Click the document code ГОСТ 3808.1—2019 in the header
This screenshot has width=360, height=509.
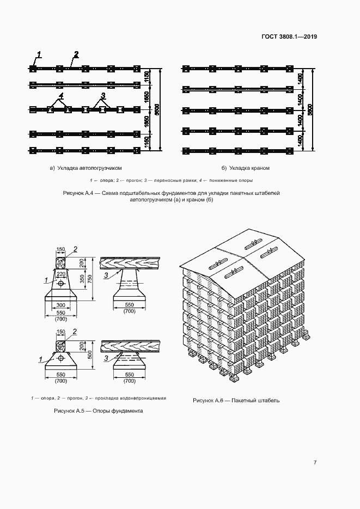pos(289,37)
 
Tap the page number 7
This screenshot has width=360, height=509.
pos(315,463)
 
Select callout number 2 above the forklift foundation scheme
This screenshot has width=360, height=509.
pos(76,54)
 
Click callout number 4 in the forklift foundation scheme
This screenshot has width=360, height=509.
pos(62,96)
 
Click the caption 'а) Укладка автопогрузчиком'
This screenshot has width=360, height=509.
pos(86,168)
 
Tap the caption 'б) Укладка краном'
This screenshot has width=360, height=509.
pos(246,168)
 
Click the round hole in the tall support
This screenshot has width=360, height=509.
pos(60,284)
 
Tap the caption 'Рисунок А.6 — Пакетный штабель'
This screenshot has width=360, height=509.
pos(236,400)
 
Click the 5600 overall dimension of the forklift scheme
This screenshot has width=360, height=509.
pos(157,110)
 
